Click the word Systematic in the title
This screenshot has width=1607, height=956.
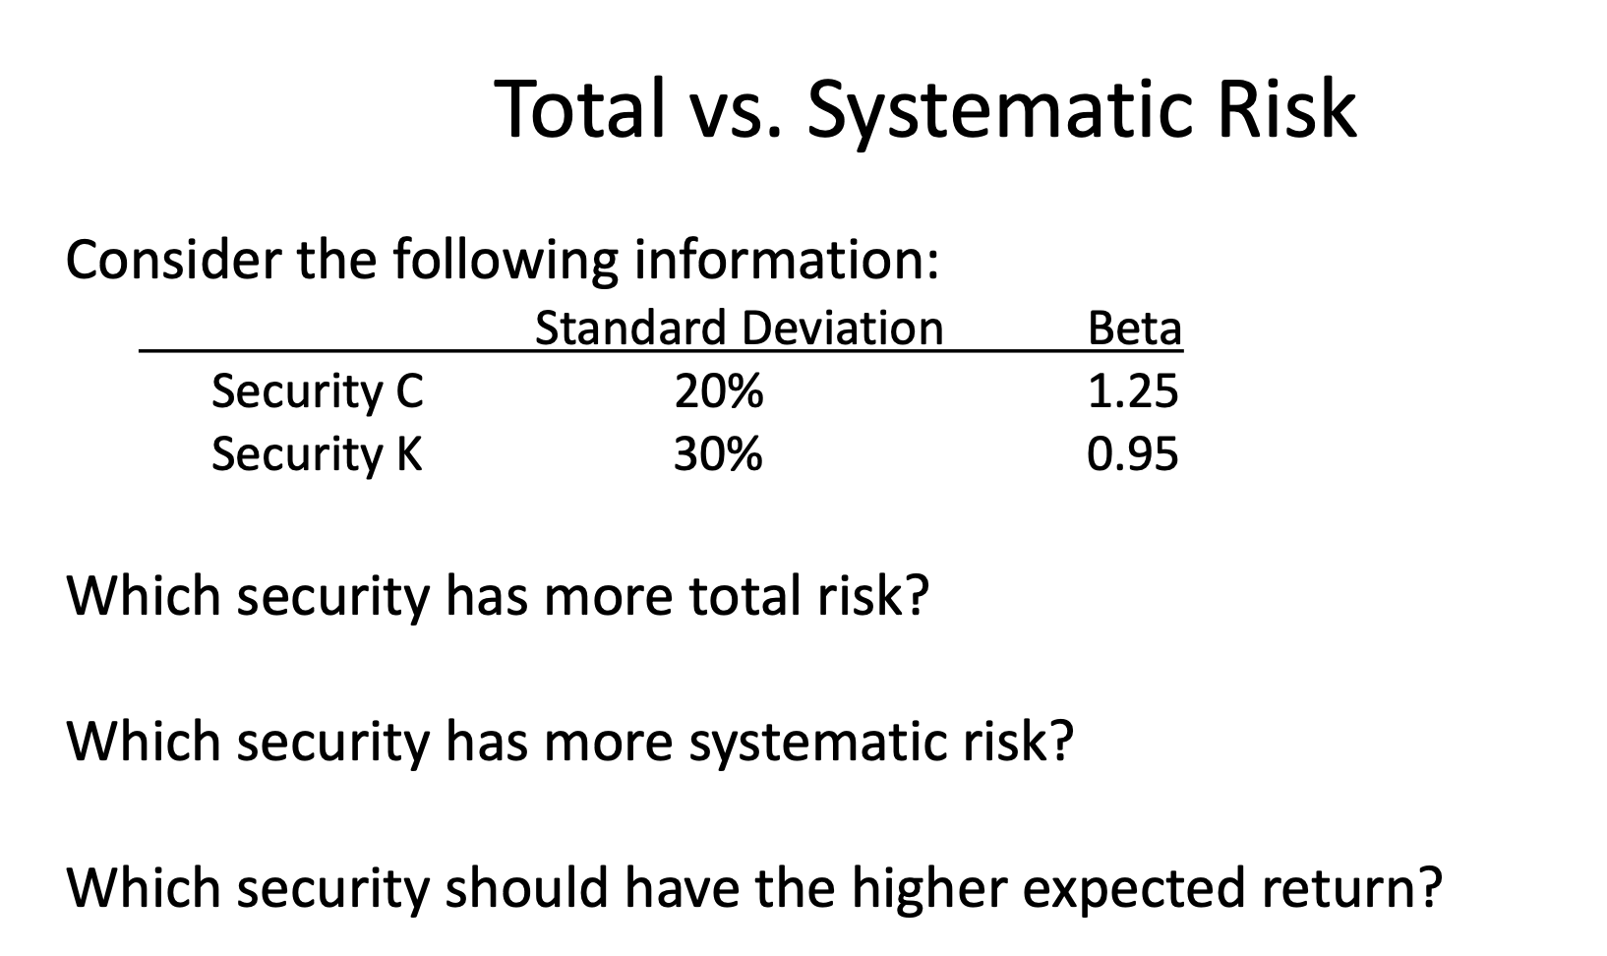[x=1000, y=109]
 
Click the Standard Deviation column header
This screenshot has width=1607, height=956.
[x=739, y=328]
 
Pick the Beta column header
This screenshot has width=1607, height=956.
[x=1134, y=328]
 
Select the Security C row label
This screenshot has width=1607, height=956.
[x=317, y=391]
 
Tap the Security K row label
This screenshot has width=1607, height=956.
[x=317, y=454]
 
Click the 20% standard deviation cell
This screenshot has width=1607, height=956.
[x=718, y=391]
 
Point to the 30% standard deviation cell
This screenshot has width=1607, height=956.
[x=718, y=454]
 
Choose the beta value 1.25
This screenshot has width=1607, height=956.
[x=1132, y=391]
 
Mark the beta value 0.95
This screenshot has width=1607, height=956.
[x=1132, y=454]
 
